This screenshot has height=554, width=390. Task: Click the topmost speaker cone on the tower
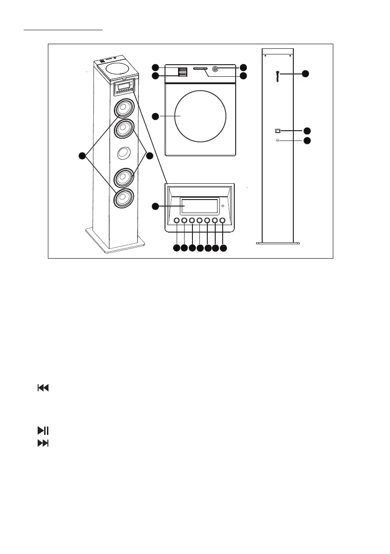click(x=123, y=108)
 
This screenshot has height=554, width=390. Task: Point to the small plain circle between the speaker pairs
click(x=123, y=153)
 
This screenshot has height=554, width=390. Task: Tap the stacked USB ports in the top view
click(x=182, y=72)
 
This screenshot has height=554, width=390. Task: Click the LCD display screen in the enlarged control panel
click(x=199, y=206)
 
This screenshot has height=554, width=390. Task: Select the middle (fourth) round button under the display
click(x=199, y=220)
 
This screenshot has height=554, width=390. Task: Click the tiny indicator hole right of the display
click(x=223, y=206)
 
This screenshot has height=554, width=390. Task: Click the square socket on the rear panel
click(x=278, y=131)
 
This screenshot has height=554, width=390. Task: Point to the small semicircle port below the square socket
click(x=278, y=140)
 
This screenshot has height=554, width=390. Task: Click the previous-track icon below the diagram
click(x=43, y=387)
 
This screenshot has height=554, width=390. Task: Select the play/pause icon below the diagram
click(x=43, y=431)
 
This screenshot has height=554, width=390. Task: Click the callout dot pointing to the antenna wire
click(x=305, y=73)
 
